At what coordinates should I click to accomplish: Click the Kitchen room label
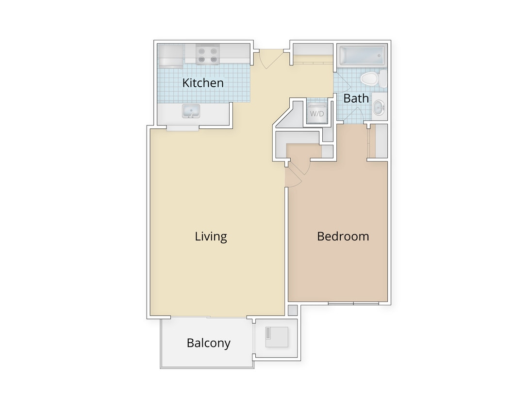(203, 83)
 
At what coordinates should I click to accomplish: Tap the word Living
(211, 236)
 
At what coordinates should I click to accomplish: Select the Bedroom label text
(343, 236)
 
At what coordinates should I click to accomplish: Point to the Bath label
(356, 98)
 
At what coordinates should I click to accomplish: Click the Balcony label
(208, 343)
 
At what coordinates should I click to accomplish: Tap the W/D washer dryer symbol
(317, 113)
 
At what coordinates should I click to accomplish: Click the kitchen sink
(191, 111)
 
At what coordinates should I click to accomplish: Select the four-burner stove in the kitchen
(207, 54)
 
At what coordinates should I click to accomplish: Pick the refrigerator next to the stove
(170, 55)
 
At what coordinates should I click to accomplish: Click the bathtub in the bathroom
(363, 55)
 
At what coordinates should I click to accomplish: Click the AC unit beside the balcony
(277, 337)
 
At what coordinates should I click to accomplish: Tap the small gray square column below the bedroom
(293, 310)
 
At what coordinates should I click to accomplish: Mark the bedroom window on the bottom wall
(353, 303)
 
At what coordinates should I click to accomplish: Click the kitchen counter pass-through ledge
(182, 128)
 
